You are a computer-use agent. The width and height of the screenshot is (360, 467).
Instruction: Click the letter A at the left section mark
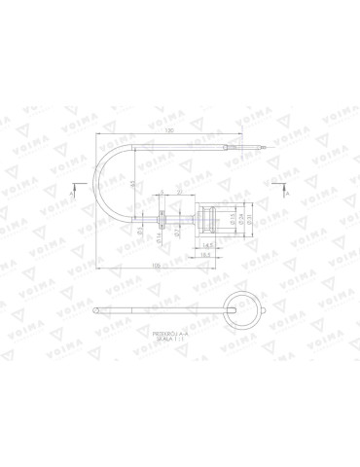pyautogui.click(x=73, y=195)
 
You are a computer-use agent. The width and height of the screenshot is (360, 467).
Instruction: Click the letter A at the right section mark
pyautogui.click(x=287, y=195)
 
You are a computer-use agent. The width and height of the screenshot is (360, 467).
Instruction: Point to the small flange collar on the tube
pyautogui.click(x=157, y=218)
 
